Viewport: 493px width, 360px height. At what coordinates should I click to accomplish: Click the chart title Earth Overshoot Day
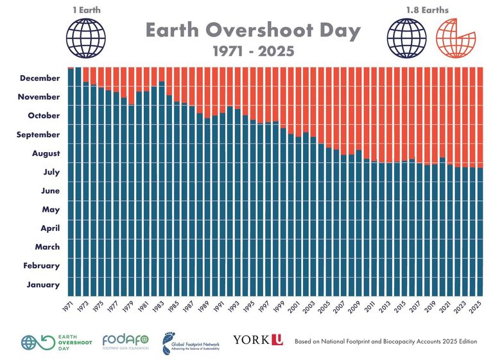point(252,31)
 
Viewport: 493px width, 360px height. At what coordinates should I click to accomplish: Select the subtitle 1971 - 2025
point(252,51)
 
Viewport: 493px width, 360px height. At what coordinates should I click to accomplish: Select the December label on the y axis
point(40,78)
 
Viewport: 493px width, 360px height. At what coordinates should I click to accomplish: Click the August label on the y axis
point(46,153)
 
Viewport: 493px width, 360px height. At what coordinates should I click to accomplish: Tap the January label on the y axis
point(44,285)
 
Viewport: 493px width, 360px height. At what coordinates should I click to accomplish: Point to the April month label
point(49,228)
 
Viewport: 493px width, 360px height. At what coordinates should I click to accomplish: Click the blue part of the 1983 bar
point(162,193)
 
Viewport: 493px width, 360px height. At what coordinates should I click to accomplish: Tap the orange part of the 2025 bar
point(480,116)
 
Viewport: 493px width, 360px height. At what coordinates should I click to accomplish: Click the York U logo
point(257,340)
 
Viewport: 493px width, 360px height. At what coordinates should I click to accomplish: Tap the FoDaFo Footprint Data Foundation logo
point(125,341)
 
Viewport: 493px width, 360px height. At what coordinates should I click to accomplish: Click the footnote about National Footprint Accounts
point(386,341)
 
